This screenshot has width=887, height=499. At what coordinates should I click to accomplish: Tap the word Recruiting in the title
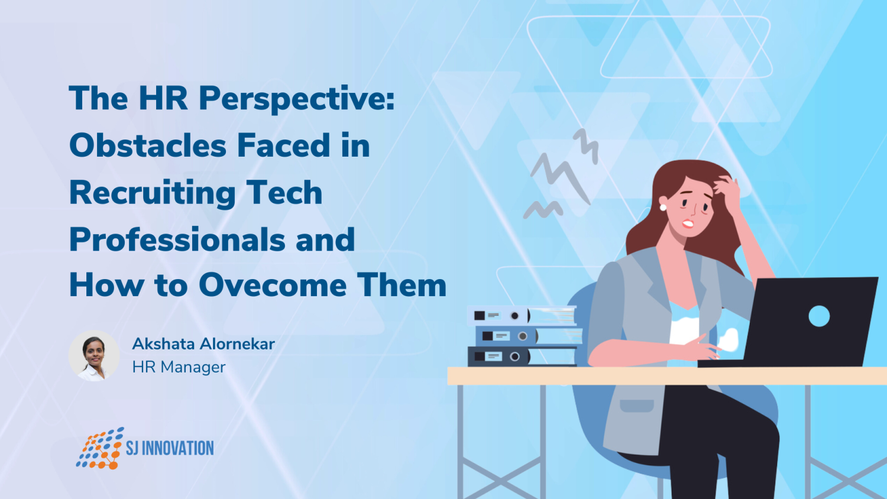tap(152, 193)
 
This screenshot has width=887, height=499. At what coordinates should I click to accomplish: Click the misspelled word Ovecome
tap(273, 285)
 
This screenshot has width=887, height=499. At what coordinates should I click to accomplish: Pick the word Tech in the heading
tap(284, 193)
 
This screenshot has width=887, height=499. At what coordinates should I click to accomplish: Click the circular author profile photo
tap(94, 355)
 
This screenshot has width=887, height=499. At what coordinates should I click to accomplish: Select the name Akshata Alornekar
tap(203, 344)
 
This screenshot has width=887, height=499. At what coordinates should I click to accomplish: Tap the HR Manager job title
tap(179, 367)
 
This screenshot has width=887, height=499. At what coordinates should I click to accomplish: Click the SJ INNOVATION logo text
tap(170, 448)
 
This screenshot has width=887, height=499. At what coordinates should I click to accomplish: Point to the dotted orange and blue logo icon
tap(99, 448)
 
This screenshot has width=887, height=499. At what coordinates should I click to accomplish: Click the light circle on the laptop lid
tap(819, 316)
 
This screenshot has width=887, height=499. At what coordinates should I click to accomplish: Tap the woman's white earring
tap(663, 207)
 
